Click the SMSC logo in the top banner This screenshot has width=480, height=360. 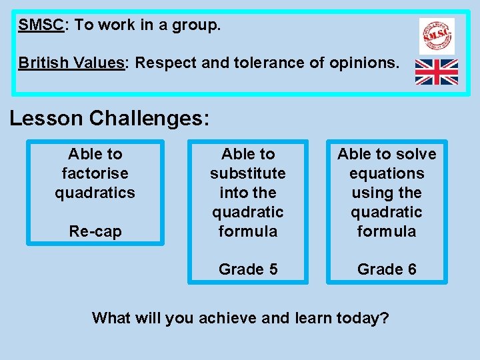pyautogui.click(x=437, y=35)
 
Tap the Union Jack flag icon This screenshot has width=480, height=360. pyautogui.click(x=437, y=72)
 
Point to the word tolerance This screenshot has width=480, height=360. pyautogui.click(x=284, y=63)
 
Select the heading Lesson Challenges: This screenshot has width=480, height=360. pyautogui.click(x=109, y=118)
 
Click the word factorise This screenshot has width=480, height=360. pyautogui.click(x=95, y=173)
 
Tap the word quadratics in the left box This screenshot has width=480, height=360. pyautogui.click(x=95, y=193)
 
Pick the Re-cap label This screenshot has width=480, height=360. pyautogui.click(x=95, y=231)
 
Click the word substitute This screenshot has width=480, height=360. pyautogui.click(x=247, y=173)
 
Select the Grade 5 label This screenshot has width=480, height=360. pyautogui.click(x=247, y=269)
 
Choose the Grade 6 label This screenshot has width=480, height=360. pyautogui.click(x=387, y=269)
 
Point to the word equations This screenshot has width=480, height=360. pyautogui.click(x=387, y=173)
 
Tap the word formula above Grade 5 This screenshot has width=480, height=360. pyautogui.click(x=247, y=231)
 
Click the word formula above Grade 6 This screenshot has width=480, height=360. pyautogui.click(x=387, y=231)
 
